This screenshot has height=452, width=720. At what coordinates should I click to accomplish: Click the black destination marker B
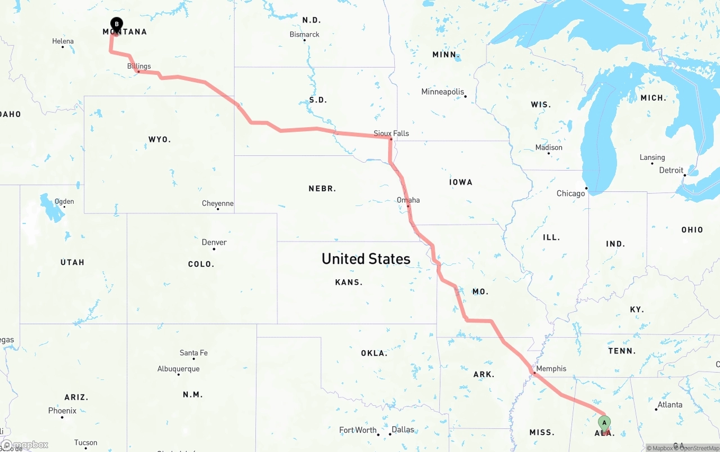[x=116, y=25]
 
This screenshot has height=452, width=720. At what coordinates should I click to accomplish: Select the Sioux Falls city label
[x=391, y=133]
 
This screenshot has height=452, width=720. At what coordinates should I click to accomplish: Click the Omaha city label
[x=408, y=200]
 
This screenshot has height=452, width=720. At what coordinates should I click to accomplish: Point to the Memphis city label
[x=551, y=369]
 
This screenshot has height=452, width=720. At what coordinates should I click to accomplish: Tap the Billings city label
[x=139, y=66]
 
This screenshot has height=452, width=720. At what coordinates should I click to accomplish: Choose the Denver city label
[x=214, y=243]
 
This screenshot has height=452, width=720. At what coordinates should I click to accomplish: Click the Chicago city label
[x=571, y=194]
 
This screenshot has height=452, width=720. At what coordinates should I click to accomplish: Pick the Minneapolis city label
[x=443, y=92]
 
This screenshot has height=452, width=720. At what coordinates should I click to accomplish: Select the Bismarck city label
[x=304, y=34]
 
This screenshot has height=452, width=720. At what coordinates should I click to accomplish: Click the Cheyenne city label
[x=218, y=203]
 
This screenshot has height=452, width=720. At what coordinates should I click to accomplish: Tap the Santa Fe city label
[x=193, y=353]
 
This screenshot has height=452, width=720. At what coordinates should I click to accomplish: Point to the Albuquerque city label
[x=178, y=369]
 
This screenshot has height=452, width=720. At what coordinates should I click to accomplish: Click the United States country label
[x=366, y=259]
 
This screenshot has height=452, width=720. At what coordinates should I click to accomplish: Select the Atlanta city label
[x=670, y=405]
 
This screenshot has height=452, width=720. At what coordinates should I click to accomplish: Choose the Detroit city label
[x=671, y=170]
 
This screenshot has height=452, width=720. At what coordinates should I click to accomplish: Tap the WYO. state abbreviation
[x=160, y=139]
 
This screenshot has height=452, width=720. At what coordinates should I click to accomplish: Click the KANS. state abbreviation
[x=349, y=282]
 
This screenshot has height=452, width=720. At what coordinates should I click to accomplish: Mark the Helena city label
[x=63, y=41]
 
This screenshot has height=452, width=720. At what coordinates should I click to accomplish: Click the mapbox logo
[x=25, y=445]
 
